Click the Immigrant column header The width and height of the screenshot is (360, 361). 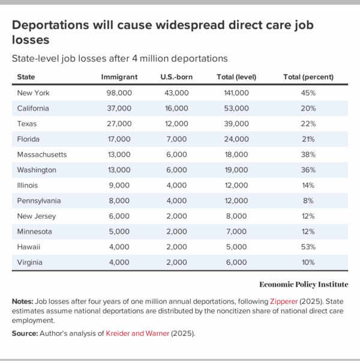[119, 77]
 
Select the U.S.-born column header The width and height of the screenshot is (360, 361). [175, 77]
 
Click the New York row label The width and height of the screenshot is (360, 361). [34, 93]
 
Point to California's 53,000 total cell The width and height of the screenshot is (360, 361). [236, 109]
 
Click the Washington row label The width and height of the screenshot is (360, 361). [38, 169]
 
